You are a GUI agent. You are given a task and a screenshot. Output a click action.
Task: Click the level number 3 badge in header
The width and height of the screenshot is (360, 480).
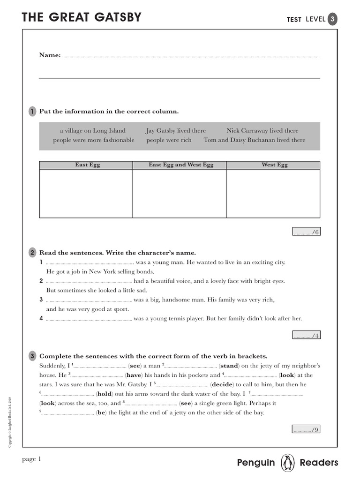point(332,19)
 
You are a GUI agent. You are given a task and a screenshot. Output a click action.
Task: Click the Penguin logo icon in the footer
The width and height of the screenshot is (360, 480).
point(287,463)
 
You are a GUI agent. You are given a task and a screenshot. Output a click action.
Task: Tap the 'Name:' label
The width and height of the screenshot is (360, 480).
point(50,55)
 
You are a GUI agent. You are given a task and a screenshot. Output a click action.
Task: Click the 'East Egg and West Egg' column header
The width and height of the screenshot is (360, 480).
point(180,165)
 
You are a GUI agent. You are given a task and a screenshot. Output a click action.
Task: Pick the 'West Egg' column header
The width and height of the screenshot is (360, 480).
point(274,165)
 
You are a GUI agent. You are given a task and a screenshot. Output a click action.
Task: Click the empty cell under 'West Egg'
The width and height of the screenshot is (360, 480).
point(273,193)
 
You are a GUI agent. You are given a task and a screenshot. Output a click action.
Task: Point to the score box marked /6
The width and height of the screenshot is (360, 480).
point(306,232)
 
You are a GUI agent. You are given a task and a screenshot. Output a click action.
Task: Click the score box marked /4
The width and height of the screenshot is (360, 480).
point(306,335)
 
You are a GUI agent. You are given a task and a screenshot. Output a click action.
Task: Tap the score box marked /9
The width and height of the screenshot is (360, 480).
point(306,429)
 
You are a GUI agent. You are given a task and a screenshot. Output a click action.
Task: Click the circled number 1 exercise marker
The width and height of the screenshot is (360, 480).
point(32,112)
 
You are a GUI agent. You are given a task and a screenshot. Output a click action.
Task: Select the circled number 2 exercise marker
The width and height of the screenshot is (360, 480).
point(32,253)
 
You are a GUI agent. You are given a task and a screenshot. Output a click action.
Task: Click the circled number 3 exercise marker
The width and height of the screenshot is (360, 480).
point(32,356)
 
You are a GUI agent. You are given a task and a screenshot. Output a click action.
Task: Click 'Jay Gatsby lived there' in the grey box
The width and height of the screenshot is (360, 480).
point(176,131)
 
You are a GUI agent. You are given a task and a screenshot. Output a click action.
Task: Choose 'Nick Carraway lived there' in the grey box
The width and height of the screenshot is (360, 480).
point(262,131)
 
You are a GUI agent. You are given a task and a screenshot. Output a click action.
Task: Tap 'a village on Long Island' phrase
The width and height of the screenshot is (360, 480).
point(93,131)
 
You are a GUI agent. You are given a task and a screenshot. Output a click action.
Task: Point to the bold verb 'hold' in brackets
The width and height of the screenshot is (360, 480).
point(104,394)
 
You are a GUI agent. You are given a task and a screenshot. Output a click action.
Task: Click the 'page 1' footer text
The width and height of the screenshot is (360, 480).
point(32,459)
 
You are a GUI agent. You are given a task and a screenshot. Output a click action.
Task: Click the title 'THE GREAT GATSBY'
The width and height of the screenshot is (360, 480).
point(82,18)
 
